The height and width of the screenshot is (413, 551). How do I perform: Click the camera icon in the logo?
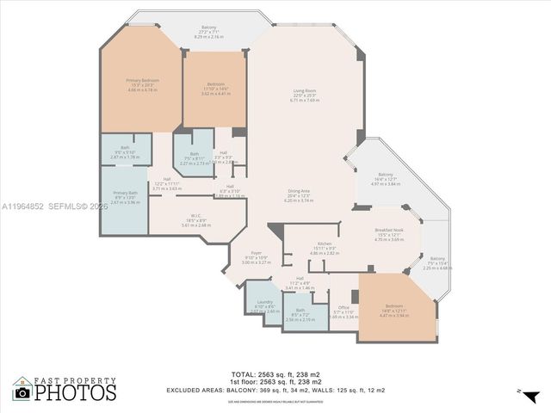pos(22,392)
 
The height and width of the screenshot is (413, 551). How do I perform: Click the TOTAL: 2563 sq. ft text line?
pos(275,374)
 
